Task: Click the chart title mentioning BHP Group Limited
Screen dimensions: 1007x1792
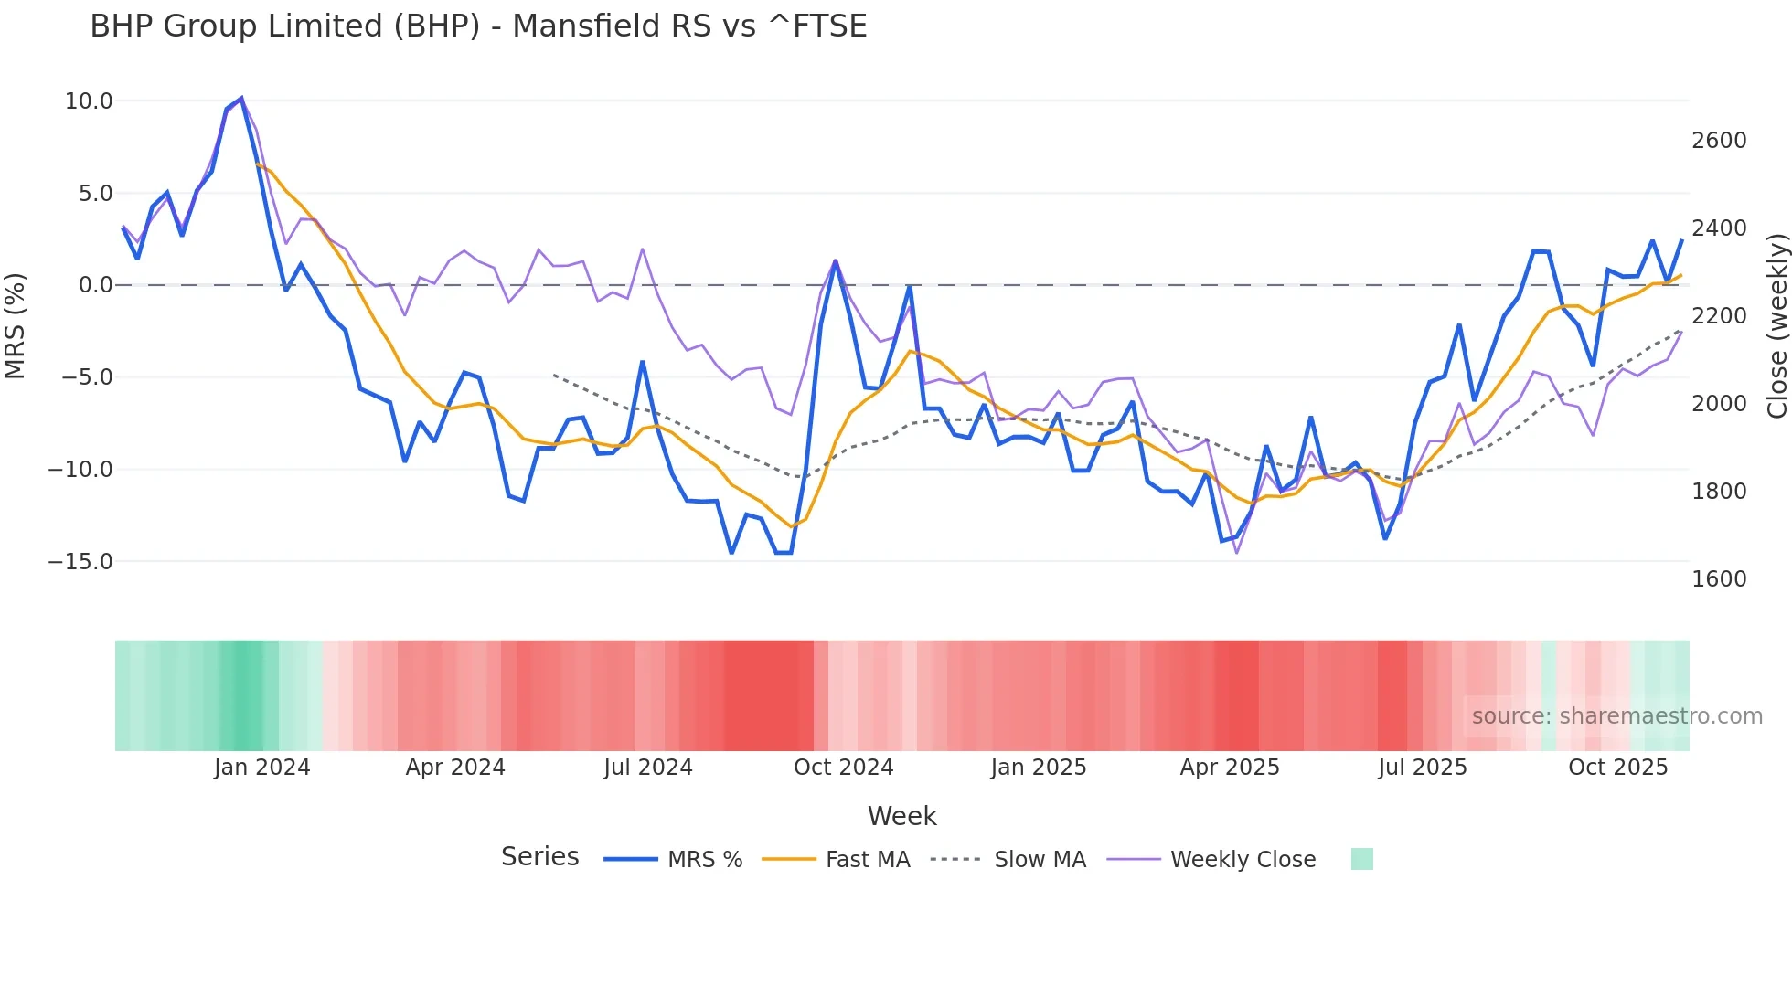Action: tap(478, 26)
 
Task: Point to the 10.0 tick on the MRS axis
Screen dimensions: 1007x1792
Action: tap(89, 101)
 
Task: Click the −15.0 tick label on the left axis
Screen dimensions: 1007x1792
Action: tap(80, 562)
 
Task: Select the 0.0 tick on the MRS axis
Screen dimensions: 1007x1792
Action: tap(95, 285)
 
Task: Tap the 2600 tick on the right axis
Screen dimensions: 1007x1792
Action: tap(1719, 141)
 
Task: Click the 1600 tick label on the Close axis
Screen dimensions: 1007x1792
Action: tap(1719, 579)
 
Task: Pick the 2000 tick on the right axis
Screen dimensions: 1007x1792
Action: tap(1719, 404)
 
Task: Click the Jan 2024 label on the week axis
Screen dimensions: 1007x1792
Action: tap(262, 768)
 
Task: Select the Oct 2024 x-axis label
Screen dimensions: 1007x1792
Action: tap(843, 768)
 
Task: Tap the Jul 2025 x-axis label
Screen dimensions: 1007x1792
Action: tap(1423, 768)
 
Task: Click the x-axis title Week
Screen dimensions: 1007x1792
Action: tap(901, 816)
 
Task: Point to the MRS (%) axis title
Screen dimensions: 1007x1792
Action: tap(16, 326)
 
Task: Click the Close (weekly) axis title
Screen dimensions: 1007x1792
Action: tap(1776, 326)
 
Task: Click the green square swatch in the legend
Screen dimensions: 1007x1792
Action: tap(1361, 859)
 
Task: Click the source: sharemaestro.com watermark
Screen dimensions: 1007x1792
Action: tap(1616, 716)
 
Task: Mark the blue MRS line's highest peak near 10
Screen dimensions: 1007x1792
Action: tap(241, 98)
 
